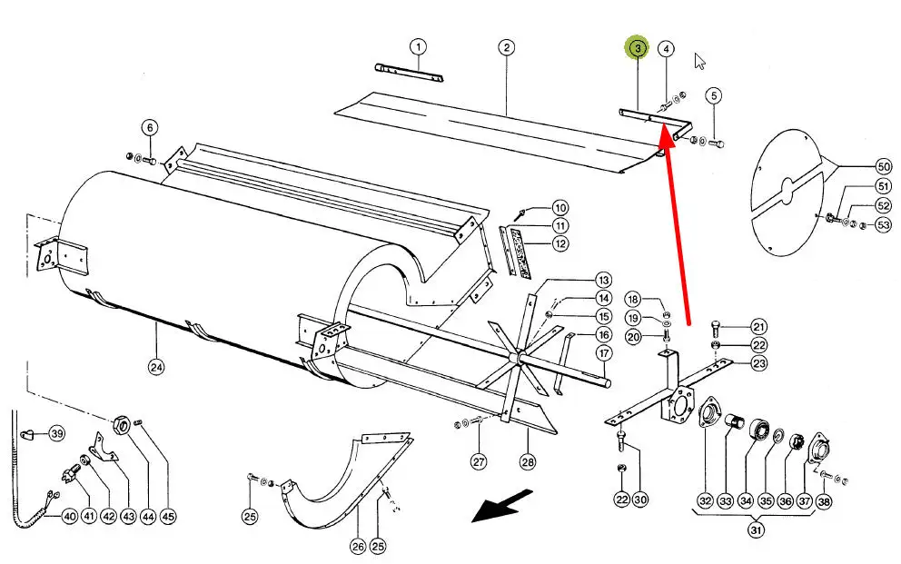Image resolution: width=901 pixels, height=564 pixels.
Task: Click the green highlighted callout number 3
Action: click(638, 47)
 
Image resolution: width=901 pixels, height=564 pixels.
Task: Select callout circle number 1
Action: click(417, 47)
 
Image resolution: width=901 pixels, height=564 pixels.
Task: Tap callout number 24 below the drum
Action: click(156, 367)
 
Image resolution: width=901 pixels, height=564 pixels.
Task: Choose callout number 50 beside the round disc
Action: click(884, 167)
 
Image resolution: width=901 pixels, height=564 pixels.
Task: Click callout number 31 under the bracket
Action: click(756, 529)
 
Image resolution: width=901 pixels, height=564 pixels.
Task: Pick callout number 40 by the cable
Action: click(69, 517)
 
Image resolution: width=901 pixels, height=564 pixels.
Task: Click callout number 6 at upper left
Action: click(150, 127)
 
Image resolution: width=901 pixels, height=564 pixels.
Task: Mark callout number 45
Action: click(168, 517)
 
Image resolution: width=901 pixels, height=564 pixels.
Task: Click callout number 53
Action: click(884, 225)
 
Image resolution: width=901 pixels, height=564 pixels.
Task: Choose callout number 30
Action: click(640, 500)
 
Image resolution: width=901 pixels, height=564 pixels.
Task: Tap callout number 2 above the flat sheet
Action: click(506, 47)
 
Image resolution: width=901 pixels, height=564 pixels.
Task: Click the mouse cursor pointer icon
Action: click(699, 61)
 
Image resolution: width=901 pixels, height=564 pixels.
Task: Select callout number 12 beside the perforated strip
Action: click(559, 243)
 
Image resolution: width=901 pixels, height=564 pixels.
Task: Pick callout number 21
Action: click(759, 327)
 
